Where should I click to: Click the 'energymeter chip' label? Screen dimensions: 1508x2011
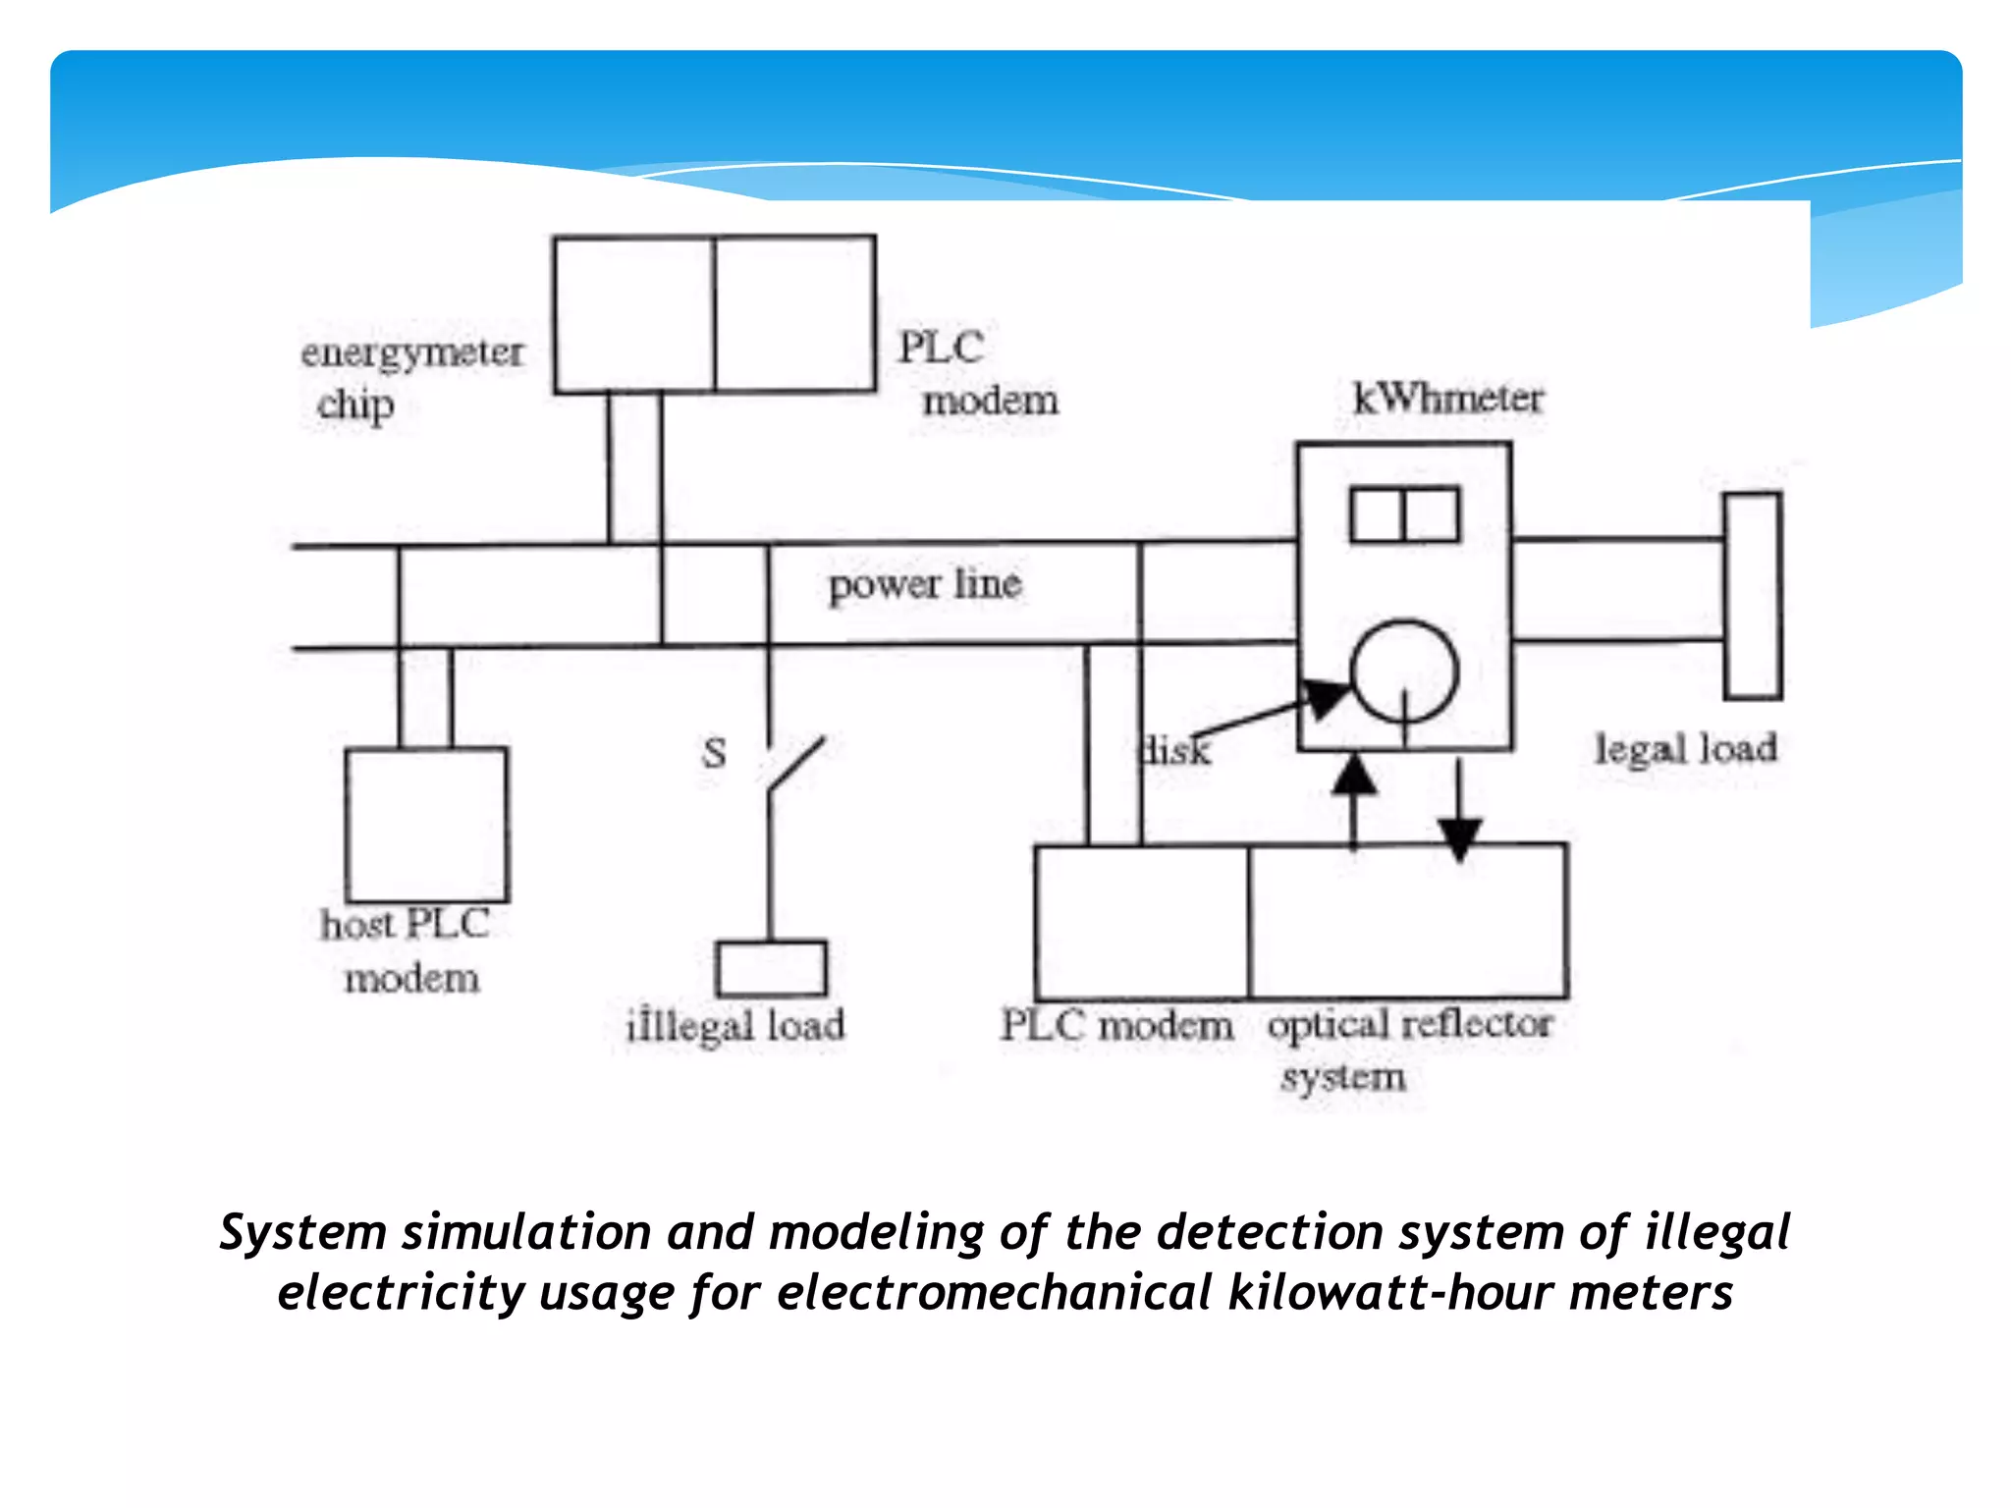click(x=411, y=378)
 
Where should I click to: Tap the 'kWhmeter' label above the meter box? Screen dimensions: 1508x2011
click(x=1447, y=399)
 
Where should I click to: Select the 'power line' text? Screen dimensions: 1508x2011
click(x=924, y=584)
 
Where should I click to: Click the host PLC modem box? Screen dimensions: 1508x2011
click(x=427, y=825)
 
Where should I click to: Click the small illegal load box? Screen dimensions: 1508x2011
click(x=771, y=969)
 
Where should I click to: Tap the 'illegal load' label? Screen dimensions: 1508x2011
click(x=735, y=1026)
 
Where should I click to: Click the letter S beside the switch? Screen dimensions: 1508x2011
click(x=714, y=754)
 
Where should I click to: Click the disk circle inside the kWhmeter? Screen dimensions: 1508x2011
click(x=1404, y=672)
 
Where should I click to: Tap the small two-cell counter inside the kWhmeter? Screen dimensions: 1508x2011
click(x=1404, y=514)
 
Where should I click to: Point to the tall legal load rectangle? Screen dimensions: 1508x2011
click(x=1753, y=596)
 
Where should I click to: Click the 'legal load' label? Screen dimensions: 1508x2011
click(x=1685, y=749)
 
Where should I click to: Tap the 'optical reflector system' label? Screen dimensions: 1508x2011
click(x=1409, y=1049)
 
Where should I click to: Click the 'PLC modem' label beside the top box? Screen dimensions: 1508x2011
click(x=977, y=374)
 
